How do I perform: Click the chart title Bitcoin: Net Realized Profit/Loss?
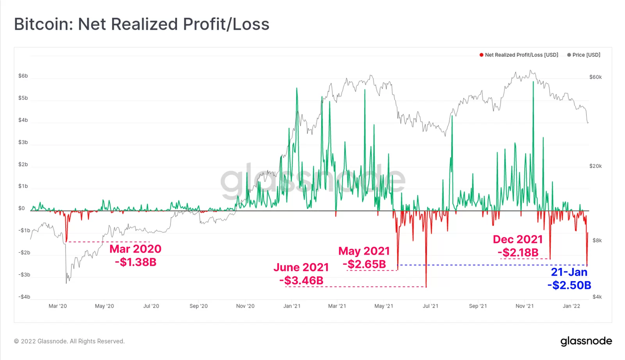[x=141, y=24]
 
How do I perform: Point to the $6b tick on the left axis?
[x=23, y=76]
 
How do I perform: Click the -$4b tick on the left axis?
[x=24, y=297]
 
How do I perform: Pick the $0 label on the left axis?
[x=21, y=209]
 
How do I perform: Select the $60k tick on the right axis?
[x=595, y=77]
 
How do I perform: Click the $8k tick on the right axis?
[x=597, y=241]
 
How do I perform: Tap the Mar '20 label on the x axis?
[x=58, y=306]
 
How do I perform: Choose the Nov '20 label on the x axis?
[x=245, y=306]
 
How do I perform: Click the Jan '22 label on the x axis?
[x=571, y=306]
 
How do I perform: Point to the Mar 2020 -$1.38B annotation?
[x=136, y=255]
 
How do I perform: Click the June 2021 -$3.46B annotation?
[x=301, y=274]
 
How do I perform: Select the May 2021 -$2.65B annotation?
[x=364, y=258]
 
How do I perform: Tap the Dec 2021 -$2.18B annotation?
[x=518, y=246]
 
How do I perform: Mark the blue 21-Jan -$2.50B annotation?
[x=569, y=278]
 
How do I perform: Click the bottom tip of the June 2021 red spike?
[x=426, y=287]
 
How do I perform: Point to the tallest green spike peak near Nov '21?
[x=533, y=82]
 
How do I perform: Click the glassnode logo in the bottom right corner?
[x=586, y=341]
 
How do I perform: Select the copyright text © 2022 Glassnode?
[x=69, y=341]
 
